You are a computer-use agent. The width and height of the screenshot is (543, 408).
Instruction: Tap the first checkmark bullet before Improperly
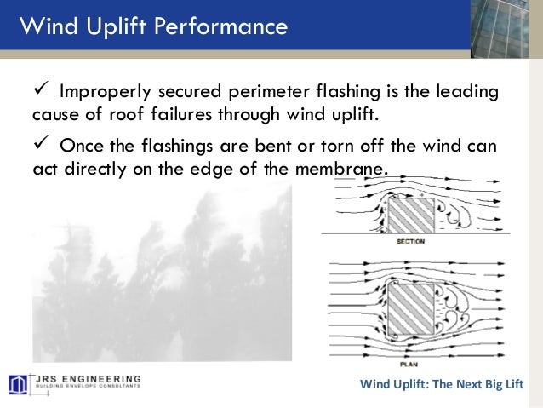point(41,90)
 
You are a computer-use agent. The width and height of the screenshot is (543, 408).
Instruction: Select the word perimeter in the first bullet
point(271,92)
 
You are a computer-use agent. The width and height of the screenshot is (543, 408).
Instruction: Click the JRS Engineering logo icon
point(19,384)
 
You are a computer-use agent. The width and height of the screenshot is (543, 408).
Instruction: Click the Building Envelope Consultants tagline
point(87,389)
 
